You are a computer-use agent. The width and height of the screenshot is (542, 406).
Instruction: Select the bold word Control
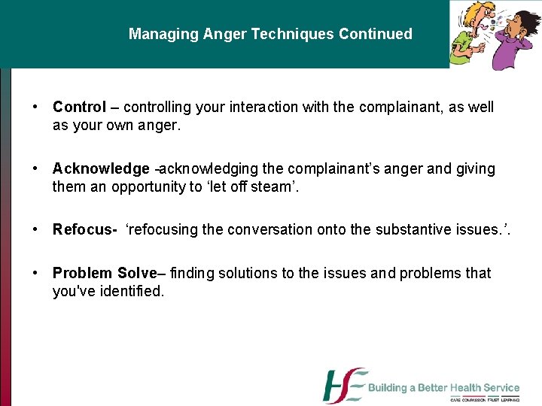coord(79,107)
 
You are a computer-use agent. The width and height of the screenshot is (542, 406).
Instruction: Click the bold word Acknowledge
coord(101,169)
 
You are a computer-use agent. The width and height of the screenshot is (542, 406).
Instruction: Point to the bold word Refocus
coord(82,229)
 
